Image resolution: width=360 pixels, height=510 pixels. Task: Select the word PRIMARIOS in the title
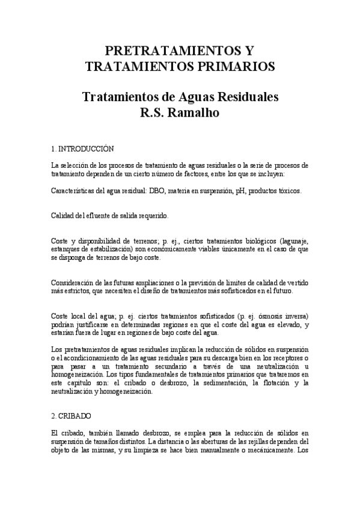(235, 66)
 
